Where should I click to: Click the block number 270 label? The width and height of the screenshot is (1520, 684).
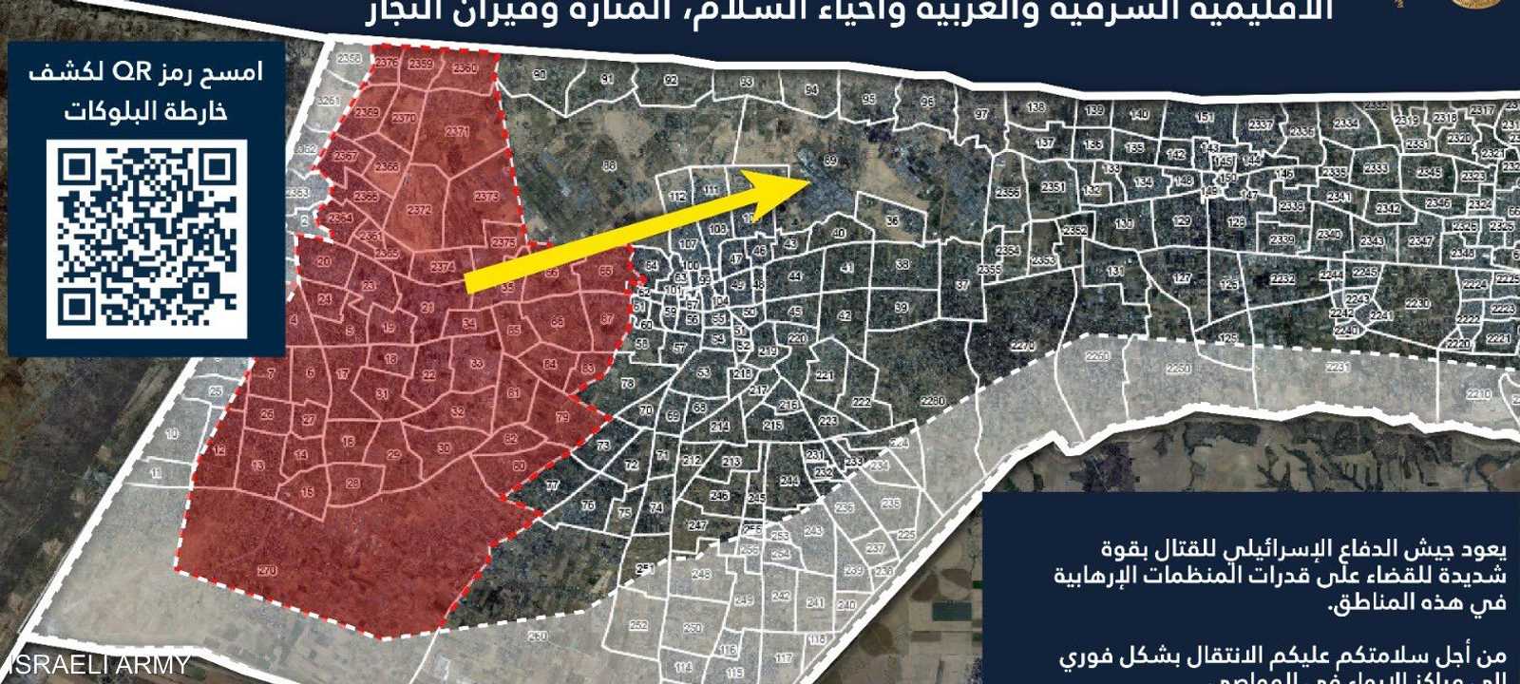[267, 571]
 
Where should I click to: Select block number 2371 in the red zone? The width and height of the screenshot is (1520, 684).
[457, 131]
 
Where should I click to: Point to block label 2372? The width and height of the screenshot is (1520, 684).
[419, 210]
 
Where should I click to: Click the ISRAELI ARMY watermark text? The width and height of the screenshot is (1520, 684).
[95, 664]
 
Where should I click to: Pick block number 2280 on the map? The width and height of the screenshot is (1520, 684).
[933, 402]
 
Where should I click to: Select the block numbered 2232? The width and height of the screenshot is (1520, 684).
[1282, 278]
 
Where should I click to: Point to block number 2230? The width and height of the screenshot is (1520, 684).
[1417, 304]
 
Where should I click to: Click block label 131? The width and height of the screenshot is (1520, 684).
[1116, 272]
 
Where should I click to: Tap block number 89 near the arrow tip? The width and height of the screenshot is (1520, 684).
[831, 161]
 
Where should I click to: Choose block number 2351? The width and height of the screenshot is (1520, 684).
[1053, 188]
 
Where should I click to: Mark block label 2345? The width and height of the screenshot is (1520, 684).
[1429, 173]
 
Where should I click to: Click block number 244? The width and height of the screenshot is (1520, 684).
[789, 481]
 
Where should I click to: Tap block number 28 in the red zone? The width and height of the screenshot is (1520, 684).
[352, 484]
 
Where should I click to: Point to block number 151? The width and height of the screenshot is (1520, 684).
[1205, 118]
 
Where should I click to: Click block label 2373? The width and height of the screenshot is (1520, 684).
[485, 197]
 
